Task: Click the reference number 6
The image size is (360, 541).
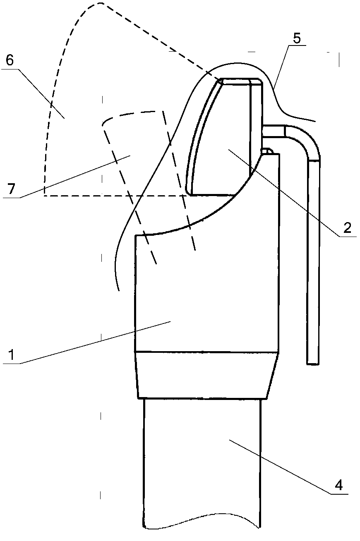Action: coord(10,60)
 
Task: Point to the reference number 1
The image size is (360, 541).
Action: coord(10,354)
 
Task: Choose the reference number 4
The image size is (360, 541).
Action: coord(338,484)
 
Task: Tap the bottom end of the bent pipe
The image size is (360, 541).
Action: coord(313,362)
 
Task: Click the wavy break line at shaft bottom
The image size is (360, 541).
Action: coord(203,528)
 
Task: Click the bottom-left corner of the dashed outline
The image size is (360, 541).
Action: coord(45,196)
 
